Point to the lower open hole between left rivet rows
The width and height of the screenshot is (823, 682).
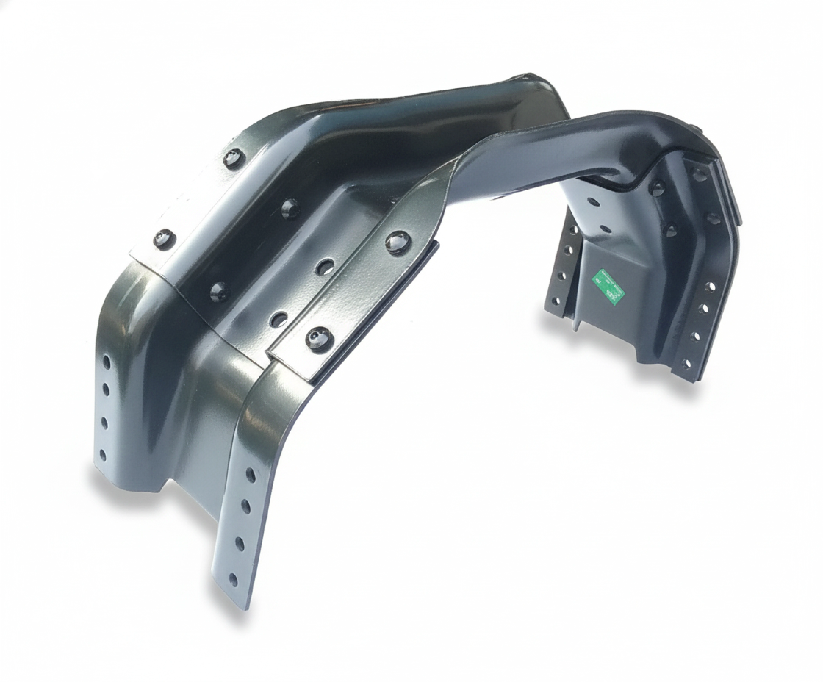278,317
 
